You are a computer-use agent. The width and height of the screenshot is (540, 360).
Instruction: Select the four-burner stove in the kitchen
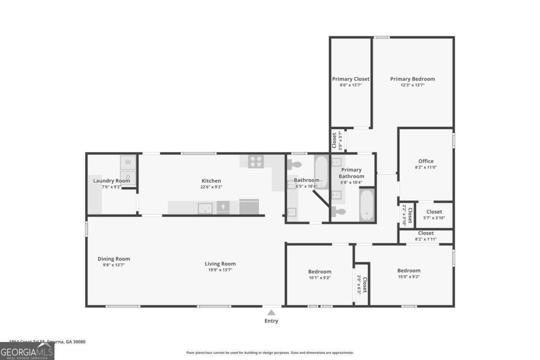(x=256, y=162)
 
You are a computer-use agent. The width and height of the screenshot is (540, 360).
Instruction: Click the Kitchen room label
(x=211, y=181)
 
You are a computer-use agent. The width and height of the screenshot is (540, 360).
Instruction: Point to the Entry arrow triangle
(x=271, y=312)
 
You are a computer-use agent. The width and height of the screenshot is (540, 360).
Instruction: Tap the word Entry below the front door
(x=271, y=321)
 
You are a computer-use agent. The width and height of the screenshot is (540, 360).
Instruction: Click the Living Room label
(x=220, y=264)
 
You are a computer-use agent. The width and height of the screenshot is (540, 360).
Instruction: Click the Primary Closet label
(x=351, y=79)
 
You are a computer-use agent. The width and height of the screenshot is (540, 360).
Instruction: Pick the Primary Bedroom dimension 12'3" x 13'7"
(x=412, y=85)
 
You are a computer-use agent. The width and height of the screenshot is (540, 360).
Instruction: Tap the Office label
(x=426, y=161)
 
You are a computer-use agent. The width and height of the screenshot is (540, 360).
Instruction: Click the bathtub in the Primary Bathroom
(x=367, y=205)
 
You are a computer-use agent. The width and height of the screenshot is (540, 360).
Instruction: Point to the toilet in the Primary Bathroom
(x=340, y=211)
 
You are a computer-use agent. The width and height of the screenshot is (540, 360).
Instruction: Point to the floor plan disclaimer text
(x=270, y=353)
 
